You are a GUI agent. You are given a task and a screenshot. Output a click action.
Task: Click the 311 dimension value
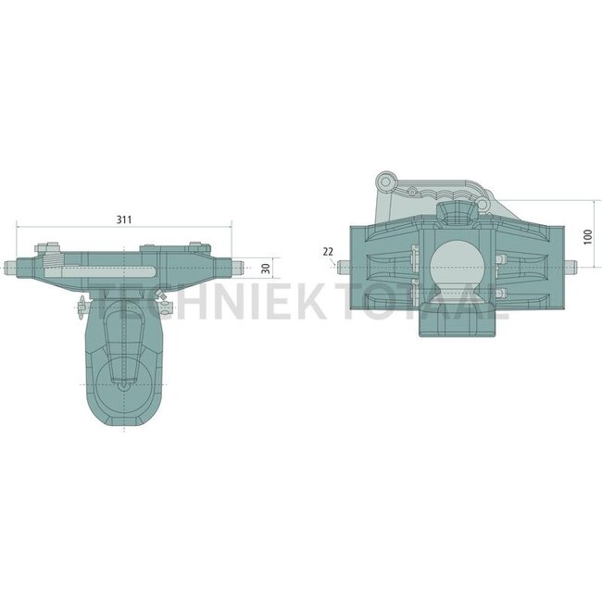(124, 219)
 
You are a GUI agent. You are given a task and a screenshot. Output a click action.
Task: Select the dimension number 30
(266, 268)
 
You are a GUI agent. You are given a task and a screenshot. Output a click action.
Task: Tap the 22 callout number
(328, 252)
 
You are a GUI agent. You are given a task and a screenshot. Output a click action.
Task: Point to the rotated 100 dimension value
(587, 236)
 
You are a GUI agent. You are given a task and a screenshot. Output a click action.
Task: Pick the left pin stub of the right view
(344, 268)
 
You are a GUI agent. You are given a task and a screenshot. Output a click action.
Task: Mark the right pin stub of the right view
(571, 268)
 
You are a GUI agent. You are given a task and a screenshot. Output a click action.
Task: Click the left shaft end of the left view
(10, 268)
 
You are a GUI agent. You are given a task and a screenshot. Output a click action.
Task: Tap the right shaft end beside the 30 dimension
(237, 268)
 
